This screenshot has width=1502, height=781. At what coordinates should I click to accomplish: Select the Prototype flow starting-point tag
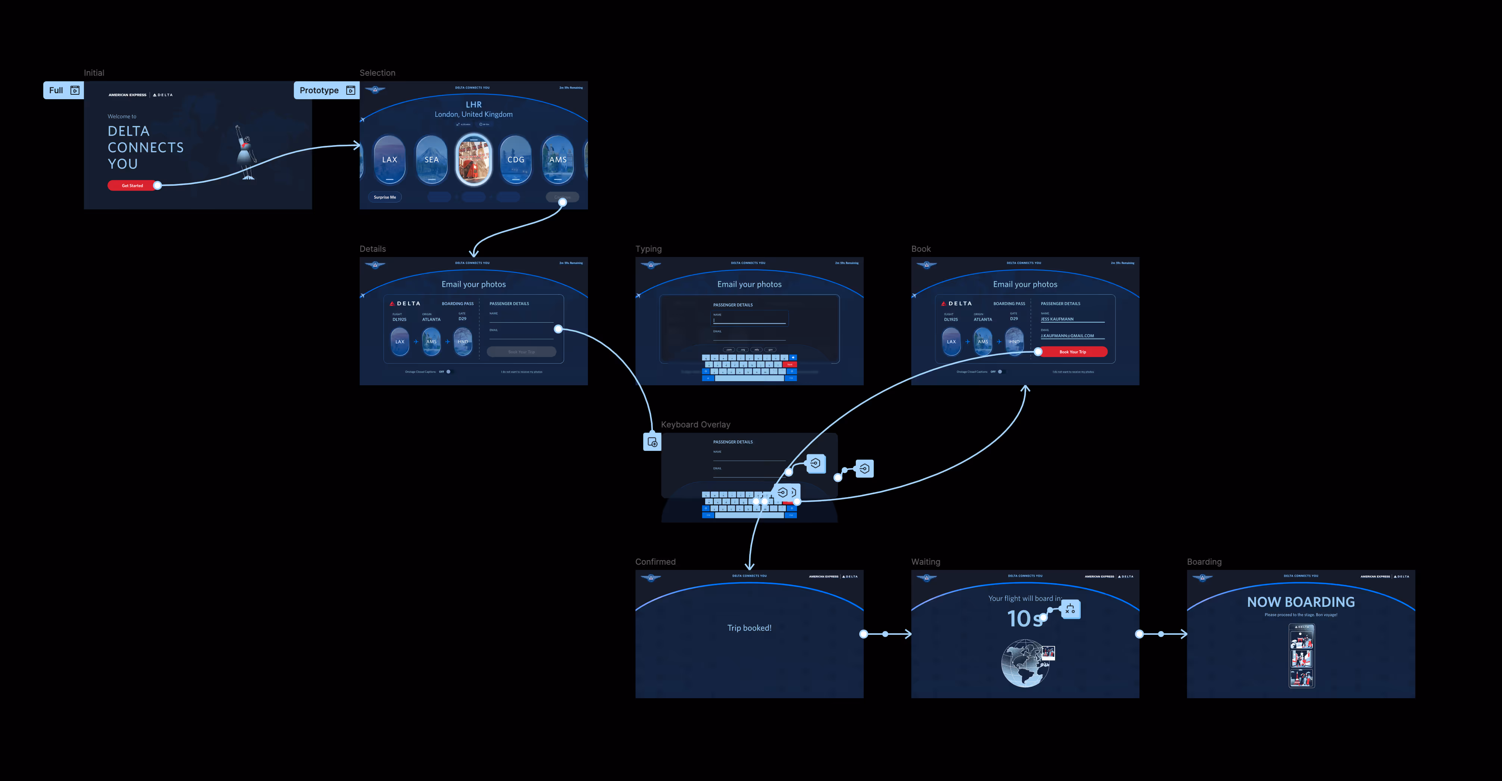tap(326, 90)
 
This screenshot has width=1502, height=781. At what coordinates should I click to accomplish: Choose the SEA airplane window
tap(432, 159)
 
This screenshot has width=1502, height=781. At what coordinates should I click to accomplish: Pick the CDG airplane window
tap(516, 159)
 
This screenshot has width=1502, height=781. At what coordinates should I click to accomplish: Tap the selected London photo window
tap(473, 159)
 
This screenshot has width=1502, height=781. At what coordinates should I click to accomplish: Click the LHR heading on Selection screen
tap(473, 105)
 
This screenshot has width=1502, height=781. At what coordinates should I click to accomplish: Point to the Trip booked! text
tap(749, 628)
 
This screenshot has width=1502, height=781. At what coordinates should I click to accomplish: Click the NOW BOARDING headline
tap(1301, 602)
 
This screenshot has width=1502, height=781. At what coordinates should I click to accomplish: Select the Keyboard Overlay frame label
tap(695, 425)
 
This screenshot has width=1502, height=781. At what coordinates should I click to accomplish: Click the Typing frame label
tap(648, 249)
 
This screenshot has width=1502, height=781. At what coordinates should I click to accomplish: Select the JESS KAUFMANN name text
tap(1057, 319)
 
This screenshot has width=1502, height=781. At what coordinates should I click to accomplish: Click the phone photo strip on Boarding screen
tap(1301, 656)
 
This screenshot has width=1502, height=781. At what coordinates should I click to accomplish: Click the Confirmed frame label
tap(655, 562)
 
